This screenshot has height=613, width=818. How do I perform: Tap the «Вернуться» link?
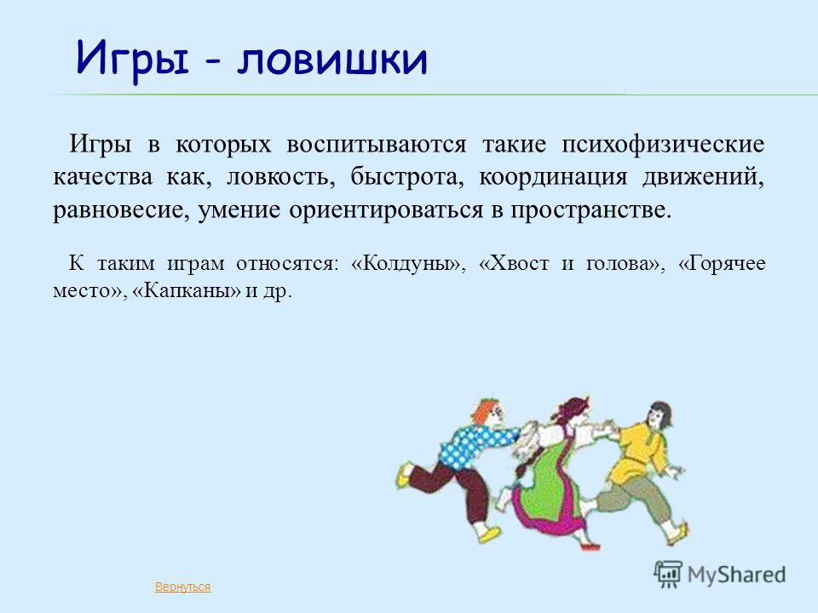pyautogui.click(x=182, y=587)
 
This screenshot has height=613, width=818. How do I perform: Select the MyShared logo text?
pyautogui.click(x=736, y=575)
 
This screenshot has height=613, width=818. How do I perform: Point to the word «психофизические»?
pyautogui.click(x=663, y=145)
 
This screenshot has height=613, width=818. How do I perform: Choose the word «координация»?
pyautogui.click(x=553, y=178)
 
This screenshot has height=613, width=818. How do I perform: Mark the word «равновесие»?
pyautogui.click(x=120, y=210)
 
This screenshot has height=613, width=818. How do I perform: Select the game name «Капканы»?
pyautogui.click(x=187, y=290)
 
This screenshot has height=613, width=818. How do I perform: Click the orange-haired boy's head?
pyautogui.click(x=488, y=412)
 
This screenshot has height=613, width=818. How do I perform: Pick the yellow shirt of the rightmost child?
pyautogui.click(x=636, y=452)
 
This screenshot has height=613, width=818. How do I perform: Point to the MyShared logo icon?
pyautogui.click(x=668, y=575)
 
